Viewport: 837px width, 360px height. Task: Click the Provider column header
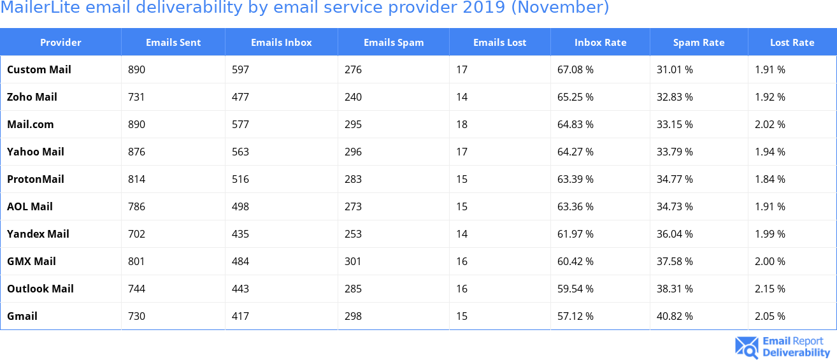61,43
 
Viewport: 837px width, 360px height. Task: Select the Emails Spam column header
393,43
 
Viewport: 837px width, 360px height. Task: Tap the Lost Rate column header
792,43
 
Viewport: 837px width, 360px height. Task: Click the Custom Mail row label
39,69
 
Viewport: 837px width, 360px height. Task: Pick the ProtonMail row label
36,179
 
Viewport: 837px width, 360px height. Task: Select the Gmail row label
22,316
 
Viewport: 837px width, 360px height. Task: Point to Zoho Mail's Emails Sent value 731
136,97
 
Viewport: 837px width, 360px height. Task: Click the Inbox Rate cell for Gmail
575,316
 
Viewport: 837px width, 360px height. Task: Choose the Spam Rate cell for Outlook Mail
675,289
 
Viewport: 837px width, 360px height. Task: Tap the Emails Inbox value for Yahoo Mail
240,152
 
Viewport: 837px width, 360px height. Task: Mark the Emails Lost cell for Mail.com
462,124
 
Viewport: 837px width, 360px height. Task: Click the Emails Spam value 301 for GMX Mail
353,261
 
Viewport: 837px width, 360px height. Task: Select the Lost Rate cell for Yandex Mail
769,234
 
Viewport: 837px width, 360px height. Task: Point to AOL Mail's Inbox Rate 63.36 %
575,206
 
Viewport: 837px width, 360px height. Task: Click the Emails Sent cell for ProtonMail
136,179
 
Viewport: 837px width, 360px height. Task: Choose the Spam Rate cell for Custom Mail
675,69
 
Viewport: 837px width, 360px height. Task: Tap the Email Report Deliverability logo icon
747,347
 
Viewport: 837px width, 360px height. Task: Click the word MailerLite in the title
41,8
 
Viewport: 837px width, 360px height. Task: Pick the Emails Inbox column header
281,43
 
